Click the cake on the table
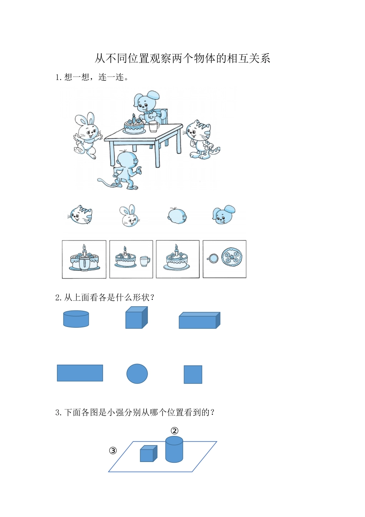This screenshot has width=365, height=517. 134,125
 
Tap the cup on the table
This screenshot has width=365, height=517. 154,126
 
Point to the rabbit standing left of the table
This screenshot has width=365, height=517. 88,135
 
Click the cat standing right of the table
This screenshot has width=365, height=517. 201,139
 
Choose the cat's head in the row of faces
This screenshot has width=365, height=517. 81,215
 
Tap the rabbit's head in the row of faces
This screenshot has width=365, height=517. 129,216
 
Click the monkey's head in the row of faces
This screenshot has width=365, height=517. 177,215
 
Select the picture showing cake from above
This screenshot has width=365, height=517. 224,259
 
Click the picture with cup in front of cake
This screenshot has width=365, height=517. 84,259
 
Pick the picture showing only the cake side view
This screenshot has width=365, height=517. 178,259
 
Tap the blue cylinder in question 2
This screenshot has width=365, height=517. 76,319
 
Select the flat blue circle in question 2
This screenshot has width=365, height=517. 137,374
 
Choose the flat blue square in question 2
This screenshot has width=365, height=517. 193,374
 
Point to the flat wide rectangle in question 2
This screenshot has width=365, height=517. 80,373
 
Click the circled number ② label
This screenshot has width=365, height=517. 174,431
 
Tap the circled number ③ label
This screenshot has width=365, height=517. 113,450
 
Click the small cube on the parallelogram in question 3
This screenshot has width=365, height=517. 148,454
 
